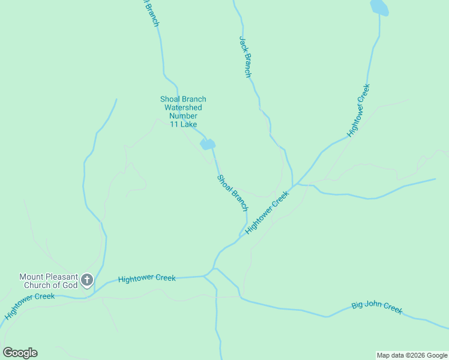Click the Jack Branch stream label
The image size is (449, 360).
tap(246, 57)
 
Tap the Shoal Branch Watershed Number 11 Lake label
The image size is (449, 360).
tap(183, 112)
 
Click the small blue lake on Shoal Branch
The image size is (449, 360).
tap(207, 145)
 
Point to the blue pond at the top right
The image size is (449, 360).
tap(379, 8)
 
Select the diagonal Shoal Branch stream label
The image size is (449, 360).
tap(232, 192)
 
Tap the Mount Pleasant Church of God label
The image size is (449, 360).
tap(49, 281)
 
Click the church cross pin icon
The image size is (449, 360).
tap(87, 280)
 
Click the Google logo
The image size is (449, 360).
tap(20, 353)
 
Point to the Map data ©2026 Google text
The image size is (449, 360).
tap(412, 355)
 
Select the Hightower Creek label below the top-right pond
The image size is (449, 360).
tap(359, 112)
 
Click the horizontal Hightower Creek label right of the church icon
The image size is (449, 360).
tap(147, 278)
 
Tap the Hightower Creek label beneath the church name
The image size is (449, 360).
tap(30, 306)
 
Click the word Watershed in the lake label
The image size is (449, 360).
tap(183, 107)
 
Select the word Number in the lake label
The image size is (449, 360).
tap(183, 116)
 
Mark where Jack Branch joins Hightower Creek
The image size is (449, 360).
tap(293, 185)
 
